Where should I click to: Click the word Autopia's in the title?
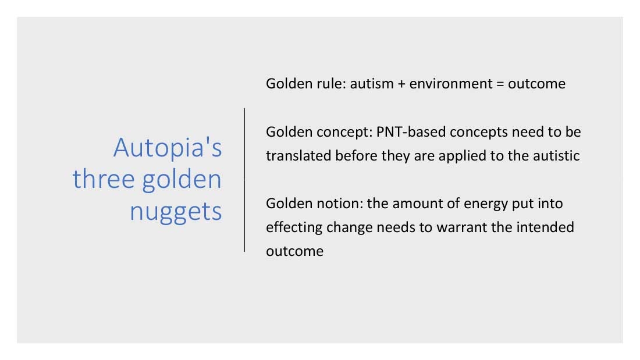168,148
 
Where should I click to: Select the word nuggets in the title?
176,212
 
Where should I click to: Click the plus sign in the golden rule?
401,84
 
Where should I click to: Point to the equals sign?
500,84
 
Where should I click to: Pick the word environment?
451,84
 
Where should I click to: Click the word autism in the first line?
372,84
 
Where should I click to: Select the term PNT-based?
411,132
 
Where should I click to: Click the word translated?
298,155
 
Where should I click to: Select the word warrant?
461,227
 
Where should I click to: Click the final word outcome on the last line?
295,251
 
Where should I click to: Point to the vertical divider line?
244,180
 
